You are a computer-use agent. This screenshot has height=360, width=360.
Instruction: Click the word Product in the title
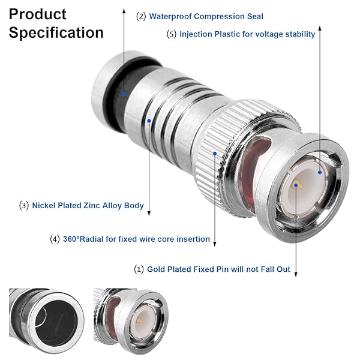tap(38, 14)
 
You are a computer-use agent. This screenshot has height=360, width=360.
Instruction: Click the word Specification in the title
tap(56, 33)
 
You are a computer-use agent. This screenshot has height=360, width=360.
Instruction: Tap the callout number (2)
tap(141, 17)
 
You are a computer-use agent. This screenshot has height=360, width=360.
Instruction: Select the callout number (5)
tap(172, 34)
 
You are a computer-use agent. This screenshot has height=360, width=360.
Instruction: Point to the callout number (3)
tap(24, 205)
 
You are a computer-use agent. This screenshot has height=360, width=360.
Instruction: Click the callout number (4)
tap(55, 239)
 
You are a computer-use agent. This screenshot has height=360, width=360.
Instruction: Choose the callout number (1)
tap(139, 269)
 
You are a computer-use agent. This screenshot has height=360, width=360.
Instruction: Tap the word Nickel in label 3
tap(44, 205)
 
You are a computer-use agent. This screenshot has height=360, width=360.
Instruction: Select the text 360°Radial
tap(83, 239)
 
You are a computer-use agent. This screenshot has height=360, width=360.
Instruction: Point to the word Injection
tap(196, 34)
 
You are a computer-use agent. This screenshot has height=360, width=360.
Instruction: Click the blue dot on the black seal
tap(124, 94)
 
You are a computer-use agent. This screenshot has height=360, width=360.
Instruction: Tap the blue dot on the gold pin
tap(296, 185)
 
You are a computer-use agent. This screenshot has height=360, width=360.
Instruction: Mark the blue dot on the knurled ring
tap(215, 154)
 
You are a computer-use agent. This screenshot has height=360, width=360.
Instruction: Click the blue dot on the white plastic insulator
tap(320, 172)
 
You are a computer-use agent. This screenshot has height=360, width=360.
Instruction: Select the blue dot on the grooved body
tap(149, 121)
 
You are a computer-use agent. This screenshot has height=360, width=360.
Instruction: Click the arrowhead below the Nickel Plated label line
tap(149, 214)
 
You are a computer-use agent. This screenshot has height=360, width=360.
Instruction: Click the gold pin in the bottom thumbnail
tap(139, 321)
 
